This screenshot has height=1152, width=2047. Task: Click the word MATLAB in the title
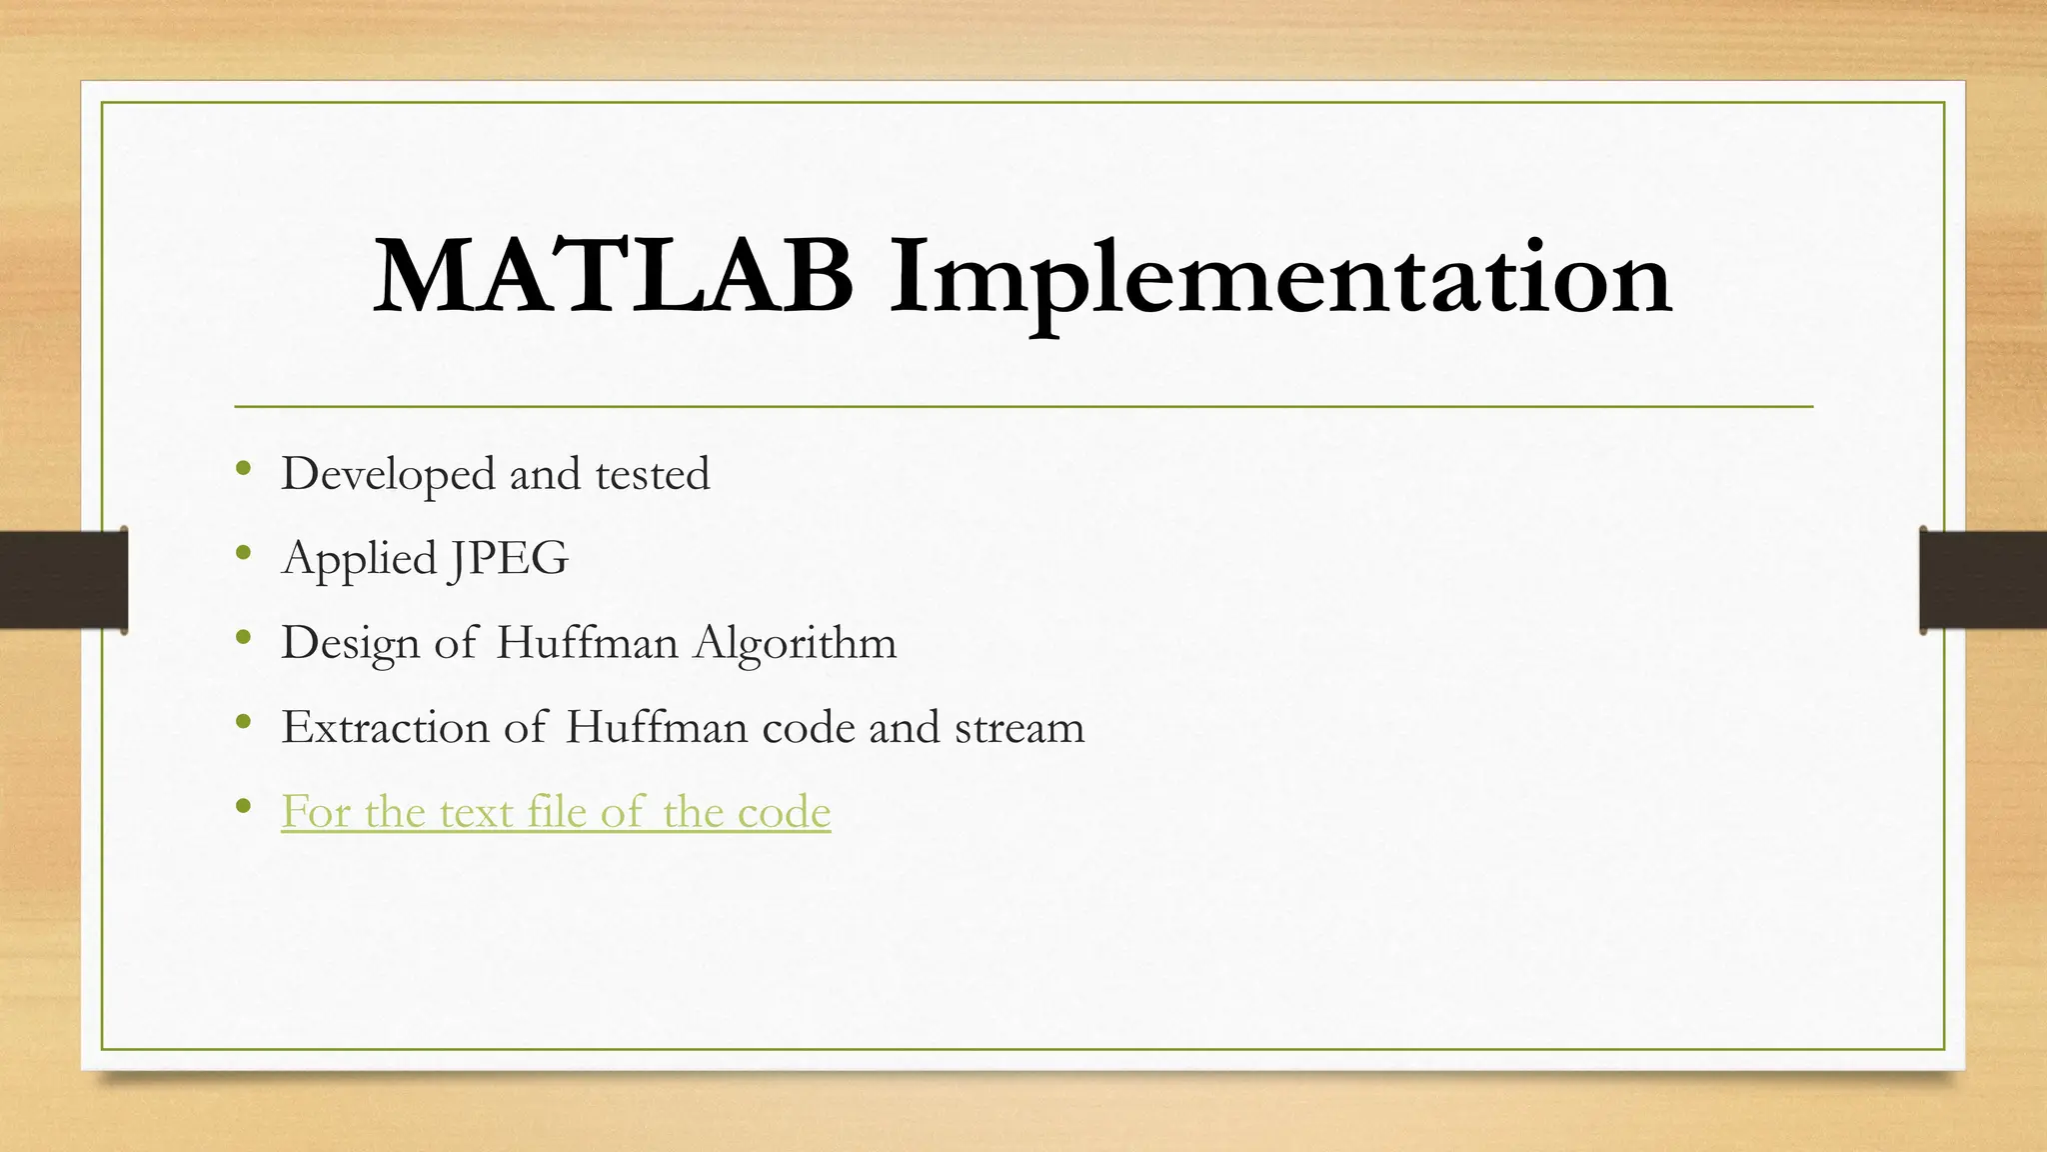pos(613,277)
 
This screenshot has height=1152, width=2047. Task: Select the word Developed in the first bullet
pos(388,474)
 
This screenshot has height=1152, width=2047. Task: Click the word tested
pos(653,474)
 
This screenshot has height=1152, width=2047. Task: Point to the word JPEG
pos(509,558)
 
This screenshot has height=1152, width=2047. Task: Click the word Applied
pos(360,558)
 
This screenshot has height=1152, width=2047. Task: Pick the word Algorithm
pos(796,643)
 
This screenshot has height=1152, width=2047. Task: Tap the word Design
pos(350,643)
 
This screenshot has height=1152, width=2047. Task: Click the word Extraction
pos(385,727)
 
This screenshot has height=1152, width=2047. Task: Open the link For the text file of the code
pos(556,811)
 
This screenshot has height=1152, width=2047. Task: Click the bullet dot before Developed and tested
pos(243,468)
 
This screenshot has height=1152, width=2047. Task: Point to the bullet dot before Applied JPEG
pos(243,552)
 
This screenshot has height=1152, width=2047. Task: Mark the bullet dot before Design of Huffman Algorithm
pos(243,637)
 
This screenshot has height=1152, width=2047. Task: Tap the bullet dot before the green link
pos(243,806)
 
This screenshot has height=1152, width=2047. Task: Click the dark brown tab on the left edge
pos(63,580)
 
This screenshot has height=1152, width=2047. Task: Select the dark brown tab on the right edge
pos(1983,580)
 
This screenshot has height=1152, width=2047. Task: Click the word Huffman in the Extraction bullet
pos(656,727)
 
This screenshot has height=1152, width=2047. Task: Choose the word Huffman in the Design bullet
pos(587,643)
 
